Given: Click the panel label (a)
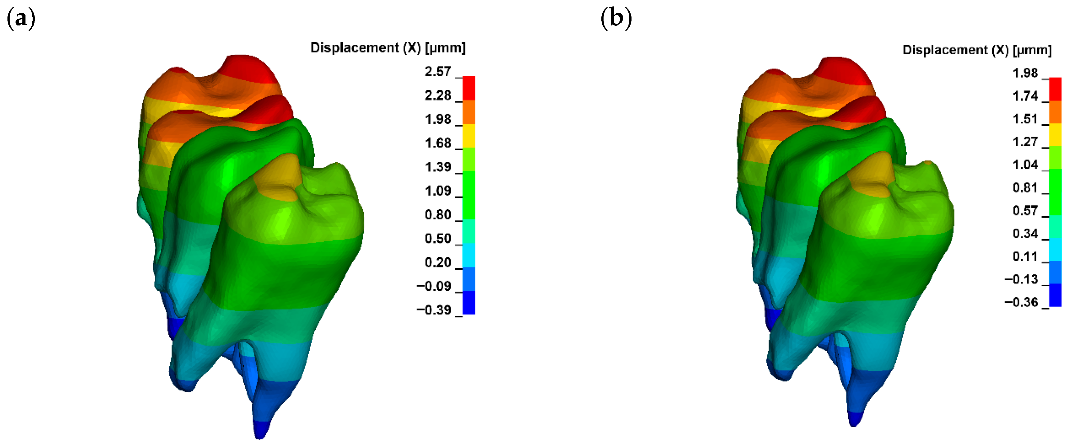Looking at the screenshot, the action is tap(21, 19).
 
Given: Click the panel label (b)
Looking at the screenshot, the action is tap(616, 19).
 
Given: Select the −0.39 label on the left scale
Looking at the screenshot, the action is tap(434, 310).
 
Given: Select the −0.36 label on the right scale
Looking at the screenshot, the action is tap(1021, 302).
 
